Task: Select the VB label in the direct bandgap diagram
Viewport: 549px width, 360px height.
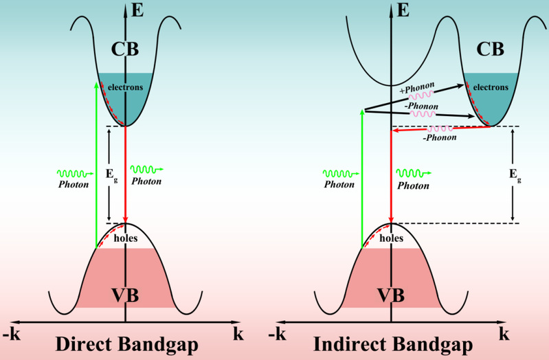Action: click(126, 296)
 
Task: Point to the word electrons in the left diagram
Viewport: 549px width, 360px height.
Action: click(124, 87)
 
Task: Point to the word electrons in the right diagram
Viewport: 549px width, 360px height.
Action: click(491, 87)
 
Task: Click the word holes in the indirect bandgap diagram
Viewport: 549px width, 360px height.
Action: click(390, 239)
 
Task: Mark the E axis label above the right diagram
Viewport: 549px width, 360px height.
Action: click(403, 10)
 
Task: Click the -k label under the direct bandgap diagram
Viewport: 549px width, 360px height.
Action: click(11, 335)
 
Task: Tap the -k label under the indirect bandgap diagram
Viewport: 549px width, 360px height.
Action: click(276, 335)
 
